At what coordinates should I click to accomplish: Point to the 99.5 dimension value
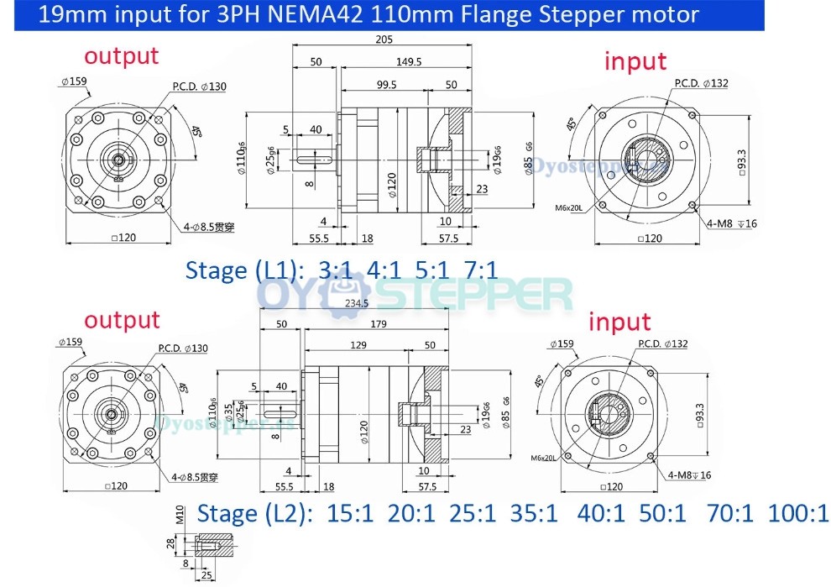[387, 85]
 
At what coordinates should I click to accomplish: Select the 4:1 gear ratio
[384, 270]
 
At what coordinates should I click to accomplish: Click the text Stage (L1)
[243, 270]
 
